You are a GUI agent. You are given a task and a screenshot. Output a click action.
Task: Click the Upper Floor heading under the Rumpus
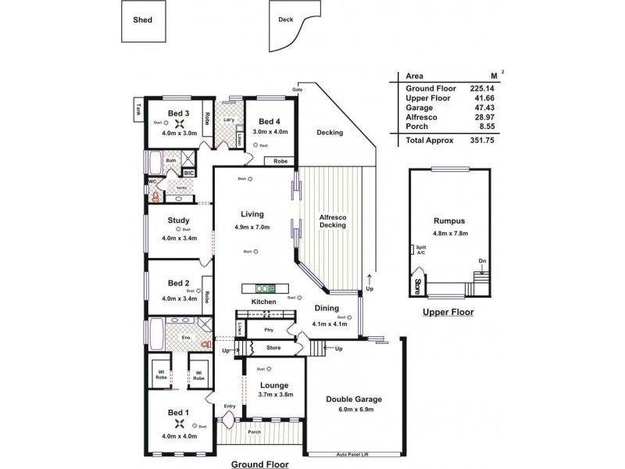click(448, 312)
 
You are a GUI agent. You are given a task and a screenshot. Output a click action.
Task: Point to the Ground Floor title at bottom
click(259, 464)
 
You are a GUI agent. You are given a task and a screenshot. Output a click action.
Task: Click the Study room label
click(179, 220)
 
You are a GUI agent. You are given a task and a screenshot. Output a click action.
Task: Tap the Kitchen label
click(263, 302)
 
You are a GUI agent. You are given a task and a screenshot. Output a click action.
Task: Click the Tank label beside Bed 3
click(138, 110)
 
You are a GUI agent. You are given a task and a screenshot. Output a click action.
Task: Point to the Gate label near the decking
click(297, 89)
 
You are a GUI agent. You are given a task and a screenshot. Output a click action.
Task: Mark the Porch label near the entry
click(255, 431)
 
